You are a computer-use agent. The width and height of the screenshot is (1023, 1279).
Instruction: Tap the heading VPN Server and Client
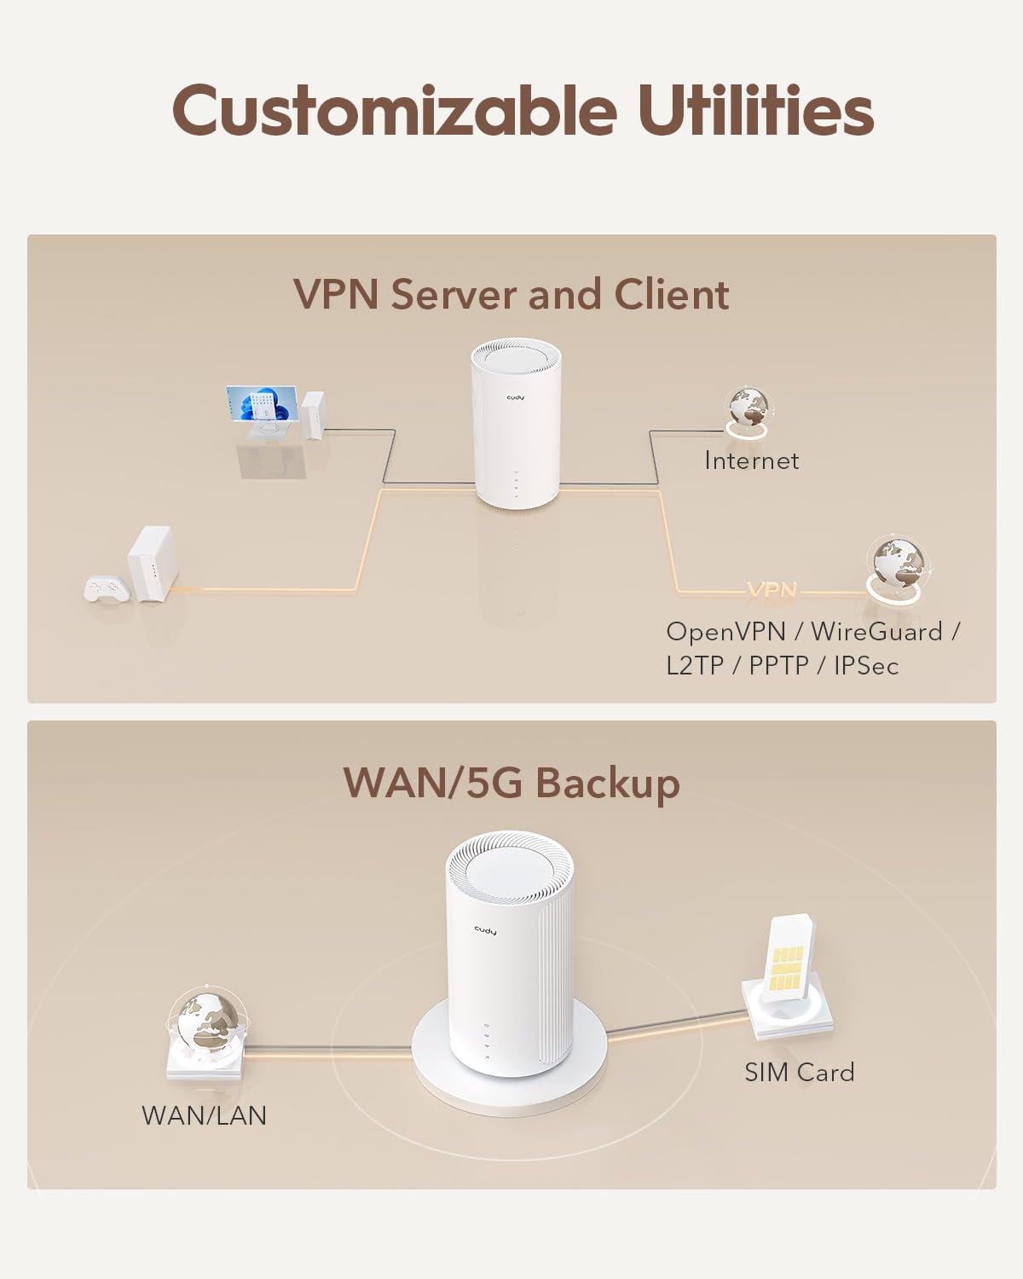(511, 294)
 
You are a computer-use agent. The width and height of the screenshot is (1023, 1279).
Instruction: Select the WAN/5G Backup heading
(511, 783)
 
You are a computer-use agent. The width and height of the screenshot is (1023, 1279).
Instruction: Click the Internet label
(751, 461)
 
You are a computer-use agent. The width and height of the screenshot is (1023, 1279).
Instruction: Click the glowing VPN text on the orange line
(772, 590)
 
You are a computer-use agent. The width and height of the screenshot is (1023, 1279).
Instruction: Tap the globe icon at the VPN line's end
(897, 565)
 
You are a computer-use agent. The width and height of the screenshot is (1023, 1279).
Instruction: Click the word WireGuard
(876, 632)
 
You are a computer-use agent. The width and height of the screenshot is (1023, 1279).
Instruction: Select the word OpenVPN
(725, 632)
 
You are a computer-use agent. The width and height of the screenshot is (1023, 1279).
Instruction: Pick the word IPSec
(866, 666)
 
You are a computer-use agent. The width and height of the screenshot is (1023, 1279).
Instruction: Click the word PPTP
(778, 666)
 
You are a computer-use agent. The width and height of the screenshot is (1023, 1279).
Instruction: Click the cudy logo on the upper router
(518, 396)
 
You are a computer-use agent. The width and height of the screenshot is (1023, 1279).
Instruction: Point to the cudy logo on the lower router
(485, 930)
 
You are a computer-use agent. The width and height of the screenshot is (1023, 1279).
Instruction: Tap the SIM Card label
(799, 1073)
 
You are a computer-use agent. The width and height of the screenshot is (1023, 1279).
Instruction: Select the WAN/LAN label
(204, 1115)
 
